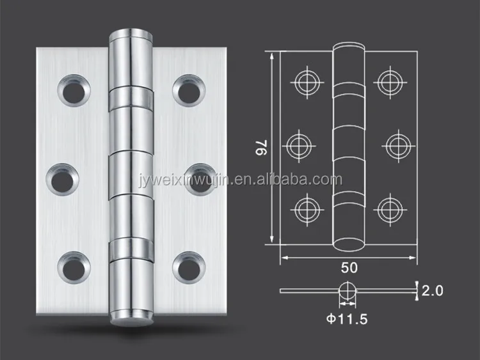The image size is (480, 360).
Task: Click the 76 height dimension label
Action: pos(262,147)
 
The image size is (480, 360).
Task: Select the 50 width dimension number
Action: pos(349,268)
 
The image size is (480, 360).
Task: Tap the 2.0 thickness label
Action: pos(432,290)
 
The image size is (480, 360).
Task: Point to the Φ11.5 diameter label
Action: pos(347,319)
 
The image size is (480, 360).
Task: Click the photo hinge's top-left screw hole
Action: pos(74,91)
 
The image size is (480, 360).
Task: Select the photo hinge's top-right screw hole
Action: pos(189,91)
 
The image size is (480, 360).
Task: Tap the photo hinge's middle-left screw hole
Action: pos(63,180)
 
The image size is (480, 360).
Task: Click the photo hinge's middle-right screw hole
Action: pos(200,180)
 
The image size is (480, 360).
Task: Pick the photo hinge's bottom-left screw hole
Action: pos(74,268)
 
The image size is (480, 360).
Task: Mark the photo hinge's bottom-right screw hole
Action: pos(189,268)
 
